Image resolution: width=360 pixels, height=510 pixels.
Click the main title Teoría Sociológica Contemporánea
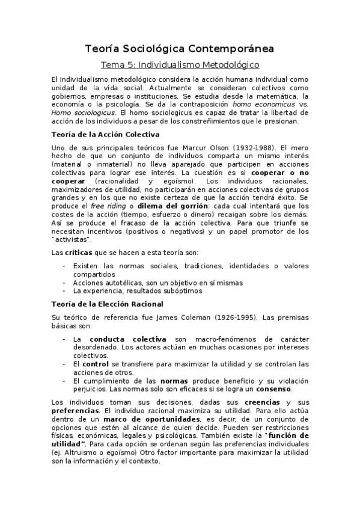180,48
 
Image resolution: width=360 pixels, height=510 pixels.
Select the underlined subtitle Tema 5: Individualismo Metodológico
179,64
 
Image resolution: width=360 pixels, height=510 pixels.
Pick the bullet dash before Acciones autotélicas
64,281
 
